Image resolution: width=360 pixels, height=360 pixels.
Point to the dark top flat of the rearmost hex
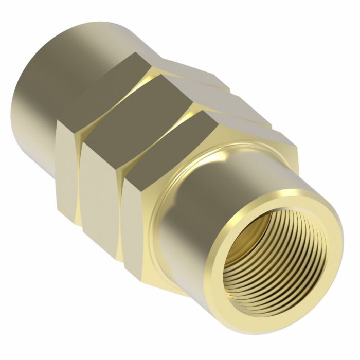coord(103,93)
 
